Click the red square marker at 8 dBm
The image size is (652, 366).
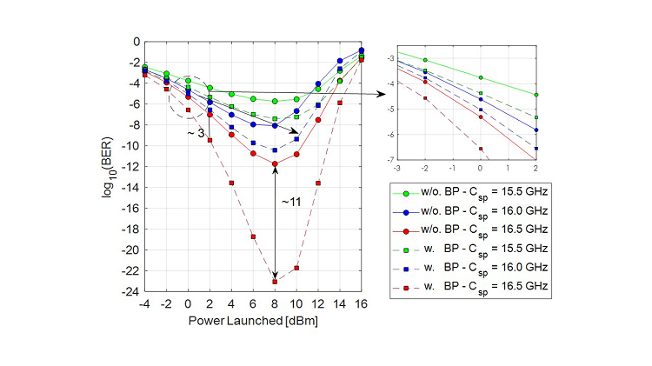pos(275,282)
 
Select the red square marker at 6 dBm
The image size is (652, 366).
pos(253,236)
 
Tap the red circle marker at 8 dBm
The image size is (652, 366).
pos(275,163)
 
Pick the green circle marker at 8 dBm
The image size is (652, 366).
pos(275,101)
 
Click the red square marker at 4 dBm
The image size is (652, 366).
pos(231,183)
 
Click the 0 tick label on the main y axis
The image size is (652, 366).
pos(135,41)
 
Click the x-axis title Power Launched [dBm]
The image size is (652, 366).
pos(253,320)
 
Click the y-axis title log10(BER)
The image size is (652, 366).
pos(110,166)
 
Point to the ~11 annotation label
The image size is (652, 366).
pos(291,202)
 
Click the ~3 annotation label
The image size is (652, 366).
pos(196,133)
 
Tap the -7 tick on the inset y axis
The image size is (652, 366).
pos(391,160)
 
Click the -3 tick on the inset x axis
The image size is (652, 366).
pos(397,167)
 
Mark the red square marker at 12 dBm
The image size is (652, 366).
pos(318,183)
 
